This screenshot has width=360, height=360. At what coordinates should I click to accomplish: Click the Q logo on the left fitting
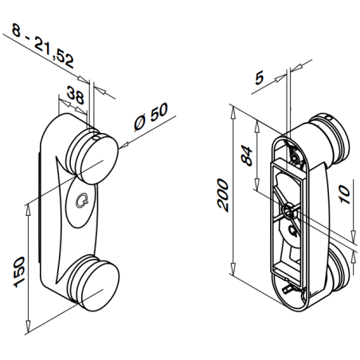point(81,202)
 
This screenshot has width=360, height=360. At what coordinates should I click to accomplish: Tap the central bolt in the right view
point(287,210)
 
